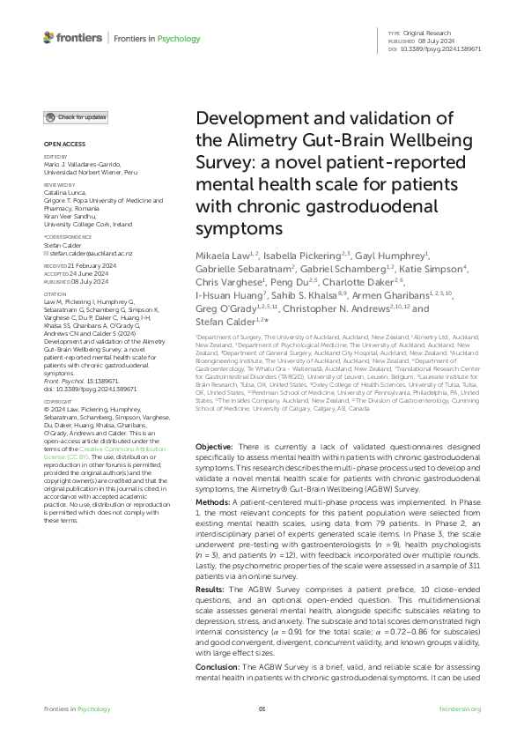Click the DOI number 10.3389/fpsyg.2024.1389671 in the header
coord(446,49)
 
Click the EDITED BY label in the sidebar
coord(55,158)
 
